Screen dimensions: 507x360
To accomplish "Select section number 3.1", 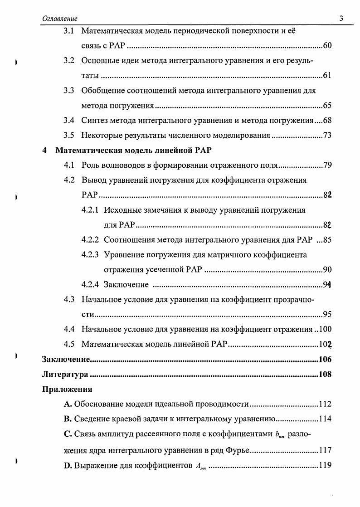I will click(69, 31).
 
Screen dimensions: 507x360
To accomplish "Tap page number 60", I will click(327, 46).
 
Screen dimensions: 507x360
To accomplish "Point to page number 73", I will click(327, 135).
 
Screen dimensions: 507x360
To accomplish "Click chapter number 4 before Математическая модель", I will click(44, 150).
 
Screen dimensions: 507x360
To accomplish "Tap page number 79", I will click(327, 165).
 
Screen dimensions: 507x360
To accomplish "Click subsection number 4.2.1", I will click(90, 210).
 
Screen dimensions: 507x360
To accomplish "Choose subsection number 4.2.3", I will click(90, 254).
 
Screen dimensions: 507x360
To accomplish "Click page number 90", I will click(327, 270).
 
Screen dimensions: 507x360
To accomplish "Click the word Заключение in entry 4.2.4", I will click(126, 284).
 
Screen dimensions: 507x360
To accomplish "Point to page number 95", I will click(327, 314).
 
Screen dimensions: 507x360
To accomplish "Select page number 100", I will click(325, 329).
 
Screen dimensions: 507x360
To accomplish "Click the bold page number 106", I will click(325, 360).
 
